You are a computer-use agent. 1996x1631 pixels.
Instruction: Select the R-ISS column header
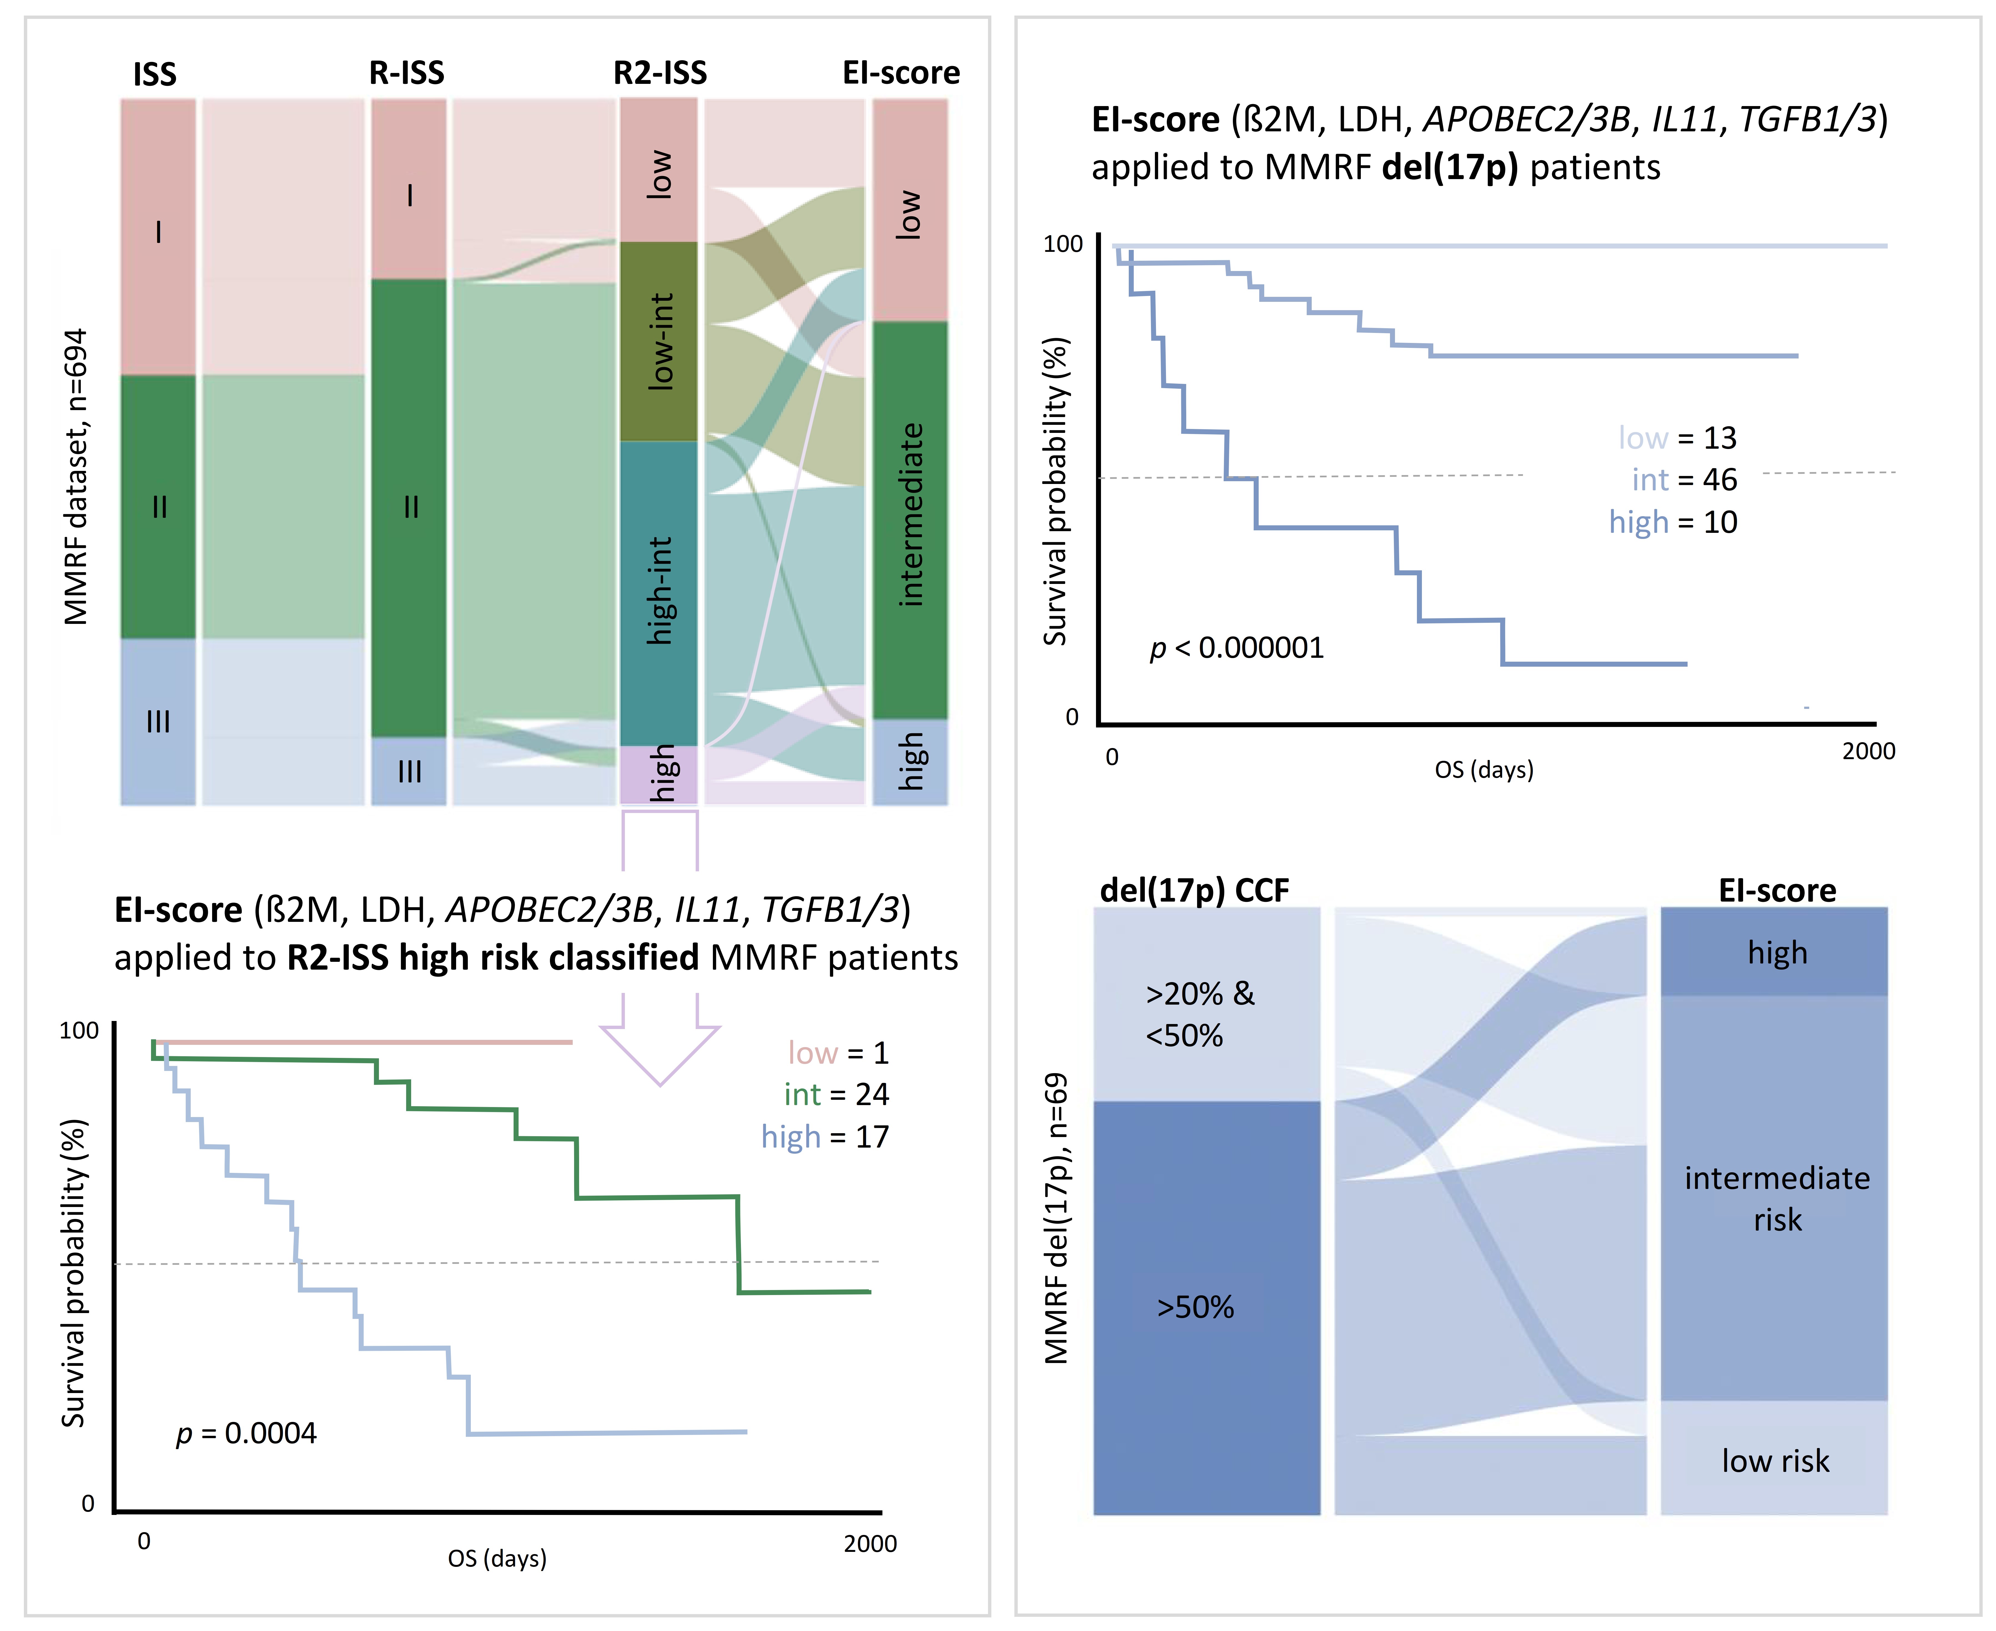click(407, 72)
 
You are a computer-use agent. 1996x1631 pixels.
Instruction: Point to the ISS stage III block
click(158, 722)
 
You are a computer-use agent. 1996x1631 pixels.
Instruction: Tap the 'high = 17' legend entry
click(825, 1137)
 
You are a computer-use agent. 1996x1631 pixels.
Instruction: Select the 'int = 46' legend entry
click(1684, 480)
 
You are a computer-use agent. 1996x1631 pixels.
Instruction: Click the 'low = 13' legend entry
click(1678, 438)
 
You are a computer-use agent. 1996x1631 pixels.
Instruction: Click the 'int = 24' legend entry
click(836, 1095)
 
